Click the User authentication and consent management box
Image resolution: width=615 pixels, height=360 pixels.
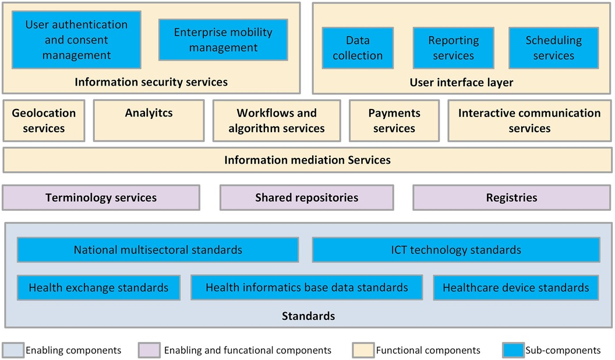pos(76,40)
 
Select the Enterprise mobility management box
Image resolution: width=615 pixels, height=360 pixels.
pos(223,40)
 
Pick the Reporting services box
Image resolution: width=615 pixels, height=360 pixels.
pos(453,48)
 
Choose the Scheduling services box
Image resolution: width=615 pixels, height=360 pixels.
pos(553,48)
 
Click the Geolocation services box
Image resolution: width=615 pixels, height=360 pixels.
pos(44,121)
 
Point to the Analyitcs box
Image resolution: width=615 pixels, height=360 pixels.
pos(149,121)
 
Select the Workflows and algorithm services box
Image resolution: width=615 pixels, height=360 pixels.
pos(277,121)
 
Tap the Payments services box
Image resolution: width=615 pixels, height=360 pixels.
pos(394,121)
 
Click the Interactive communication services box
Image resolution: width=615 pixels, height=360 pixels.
pos(529,121)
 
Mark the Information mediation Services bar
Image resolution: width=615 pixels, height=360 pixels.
pos(307,160)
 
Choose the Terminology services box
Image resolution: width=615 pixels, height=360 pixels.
pos(101,197)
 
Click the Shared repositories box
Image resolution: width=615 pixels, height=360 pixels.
pos(306,197)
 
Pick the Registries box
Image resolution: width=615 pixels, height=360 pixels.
pos(511,197)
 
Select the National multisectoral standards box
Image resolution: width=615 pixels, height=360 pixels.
pos(158,250)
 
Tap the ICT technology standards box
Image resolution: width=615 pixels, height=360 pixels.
pos(456,250)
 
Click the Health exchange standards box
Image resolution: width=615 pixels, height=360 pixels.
pos(98,287)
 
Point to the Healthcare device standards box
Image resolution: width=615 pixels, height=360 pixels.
pos(516,287)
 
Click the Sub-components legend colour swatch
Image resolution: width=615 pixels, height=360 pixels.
pos(511,350)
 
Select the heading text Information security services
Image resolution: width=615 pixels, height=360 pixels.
pos(151,82)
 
